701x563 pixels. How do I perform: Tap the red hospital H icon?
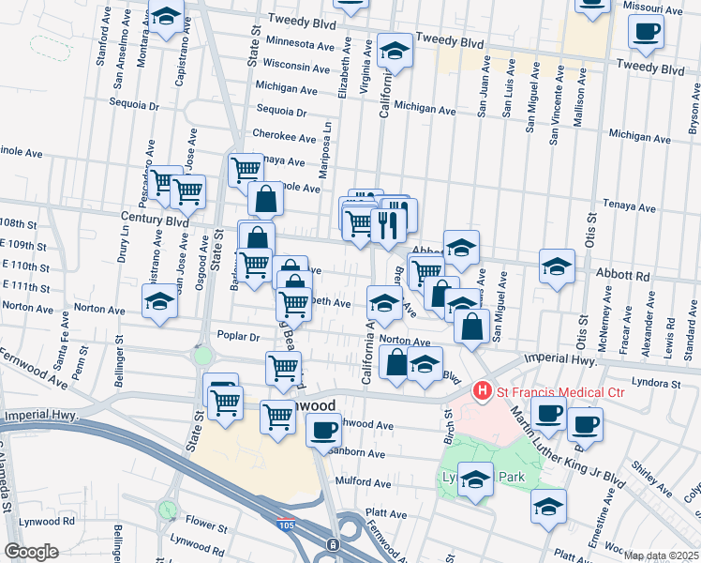click(x=483, y=389)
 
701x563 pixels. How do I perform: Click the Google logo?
click(x=31, y=552)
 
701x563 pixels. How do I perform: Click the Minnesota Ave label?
click(x=300, y=43)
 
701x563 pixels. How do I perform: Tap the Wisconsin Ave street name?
click(x=296, y=67)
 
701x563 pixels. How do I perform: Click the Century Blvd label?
click(x=155, y=220)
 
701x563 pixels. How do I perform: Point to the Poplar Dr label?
click(x=235, y=335)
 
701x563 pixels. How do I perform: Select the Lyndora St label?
click(x=656, y=383)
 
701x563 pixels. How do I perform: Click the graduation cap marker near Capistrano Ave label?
click(x=167, y=18)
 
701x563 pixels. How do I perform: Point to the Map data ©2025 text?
click(x=662, y=555)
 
